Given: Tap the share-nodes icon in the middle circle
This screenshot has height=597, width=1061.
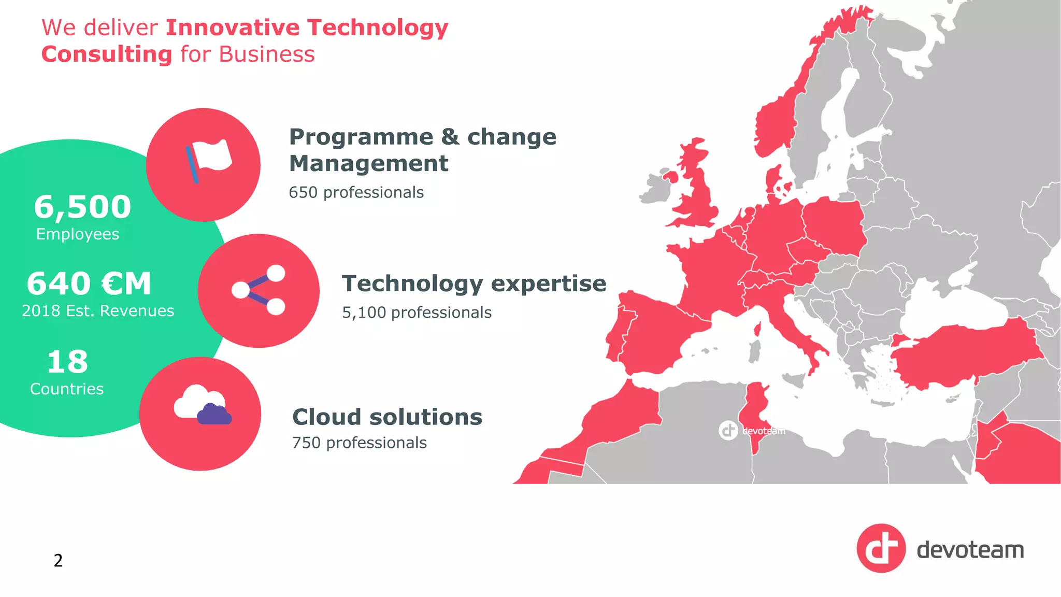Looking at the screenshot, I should coord(259,290).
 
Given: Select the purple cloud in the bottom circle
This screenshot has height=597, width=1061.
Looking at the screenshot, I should coord(214,415).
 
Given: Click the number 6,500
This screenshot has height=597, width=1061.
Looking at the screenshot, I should coord(82,206).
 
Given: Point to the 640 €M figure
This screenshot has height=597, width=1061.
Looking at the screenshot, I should coord(89,283).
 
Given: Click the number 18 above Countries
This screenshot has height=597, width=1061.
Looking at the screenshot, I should coord(67,362).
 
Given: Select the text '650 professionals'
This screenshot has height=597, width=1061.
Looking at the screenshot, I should coord(356,192).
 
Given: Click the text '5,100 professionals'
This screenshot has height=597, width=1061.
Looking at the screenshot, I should coord(417,312).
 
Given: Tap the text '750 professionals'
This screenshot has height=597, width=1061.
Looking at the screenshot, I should coord(359,443).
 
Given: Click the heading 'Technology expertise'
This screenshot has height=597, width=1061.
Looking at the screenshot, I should coord(474,283).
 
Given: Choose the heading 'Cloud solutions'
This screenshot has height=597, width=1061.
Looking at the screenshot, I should coord(387,417).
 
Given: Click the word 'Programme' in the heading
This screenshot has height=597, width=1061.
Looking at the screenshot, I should coord(361,137).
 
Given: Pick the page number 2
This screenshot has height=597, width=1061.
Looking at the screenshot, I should coord(58,560).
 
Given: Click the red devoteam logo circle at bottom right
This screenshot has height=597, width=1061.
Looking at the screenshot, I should coord(881,548).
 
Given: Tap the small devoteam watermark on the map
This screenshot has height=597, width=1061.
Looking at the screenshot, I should coord(752,430).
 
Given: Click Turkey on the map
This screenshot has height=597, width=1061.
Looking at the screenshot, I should coord(964,352).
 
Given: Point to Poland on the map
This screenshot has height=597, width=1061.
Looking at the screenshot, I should coord(834,223).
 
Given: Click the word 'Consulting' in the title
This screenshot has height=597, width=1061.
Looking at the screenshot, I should coord(107,54).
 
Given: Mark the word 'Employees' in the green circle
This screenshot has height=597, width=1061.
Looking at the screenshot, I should coord(78,234).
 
